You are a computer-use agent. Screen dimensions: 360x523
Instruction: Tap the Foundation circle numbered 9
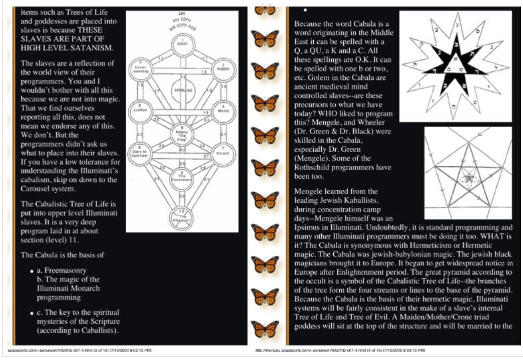[x=182, y=174]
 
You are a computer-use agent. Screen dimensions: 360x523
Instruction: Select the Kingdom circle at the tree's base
[x=182, y=215]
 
